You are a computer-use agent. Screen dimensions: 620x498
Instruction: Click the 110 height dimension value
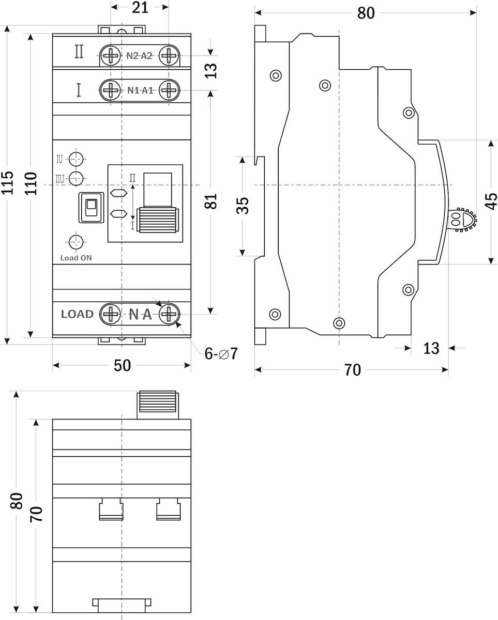click(31, 183)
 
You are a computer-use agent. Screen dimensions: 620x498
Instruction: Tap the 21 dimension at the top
click(140, 7)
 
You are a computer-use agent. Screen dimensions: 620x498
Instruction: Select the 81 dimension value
click(211, 201)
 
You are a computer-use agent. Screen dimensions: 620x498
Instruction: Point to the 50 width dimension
click(122, 365)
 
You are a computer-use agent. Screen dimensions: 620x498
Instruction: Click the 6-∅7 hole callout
click(221, 353)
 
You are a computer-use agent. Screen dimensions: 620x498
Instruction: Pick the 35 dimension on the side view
click(243, 205)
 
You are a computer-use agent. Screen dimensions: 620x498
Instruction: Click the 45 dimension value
click(491, 201)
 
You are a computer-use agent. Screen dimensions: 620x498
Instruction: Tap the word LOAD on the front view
click(77, 314)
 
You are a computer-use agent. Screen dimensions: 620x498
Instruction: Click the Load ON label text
click(76, 258)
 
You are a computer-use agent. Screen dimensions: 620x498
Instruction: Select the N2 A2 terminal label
click(139, 56)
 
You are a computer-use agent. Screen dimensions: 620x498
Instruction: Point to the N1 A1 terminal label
click(140, 90)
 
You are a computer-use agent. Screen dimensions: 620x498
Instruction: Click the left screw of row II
click(110, 55)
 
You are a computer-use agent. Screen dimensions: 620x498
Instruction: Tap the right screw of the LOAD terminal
click(169, 314)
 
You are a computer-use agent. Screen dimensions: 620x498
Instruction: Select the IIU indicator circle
click(77, 178)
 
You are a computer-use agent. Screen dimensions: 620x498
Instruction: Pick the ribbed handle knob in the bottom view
click(157, 405)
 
